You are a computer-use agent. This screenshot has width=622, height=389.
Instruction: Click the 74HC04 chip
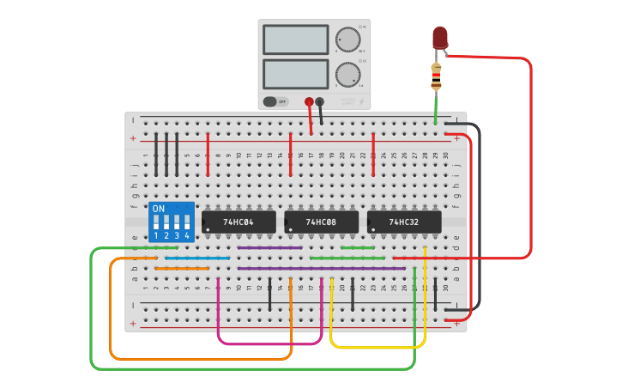[x=239, y=222]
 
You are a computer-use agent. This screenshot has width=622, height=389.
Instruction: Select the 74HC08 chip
[x=321, y=222]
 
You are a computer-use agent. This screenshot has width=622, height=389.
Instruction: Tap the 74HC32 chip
[x=404, y=222]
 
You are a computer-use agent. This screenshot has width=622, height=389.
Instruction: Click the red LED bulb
[x=440, y=36]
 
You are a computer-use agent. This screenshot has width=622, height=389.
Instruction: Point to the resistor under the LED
[x=436, y=76]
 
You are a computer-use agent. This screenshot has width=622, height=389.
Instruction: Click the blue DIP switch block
[x=171, y=222]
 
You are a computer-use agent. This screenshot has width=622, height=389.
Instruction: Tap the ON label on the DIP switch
[x=158, y=209]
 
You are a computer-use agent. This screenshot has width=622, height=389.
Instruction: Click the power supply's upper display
[x=295, y=40]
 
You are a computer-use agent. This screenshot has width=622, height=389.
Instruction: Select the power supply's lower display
[x=295, y=74]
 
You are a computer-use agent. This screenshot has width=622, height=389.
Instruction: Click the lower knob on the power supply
[x=347, y=75]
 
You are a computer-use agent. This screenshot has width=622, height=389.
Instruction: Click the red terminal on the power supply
[x=309, y=101]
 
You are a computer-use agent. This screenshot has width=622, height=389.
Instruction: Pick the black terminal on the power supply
[x=320, y=101]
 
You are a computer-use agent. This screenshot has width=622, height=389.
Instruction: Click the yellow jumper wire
[x=377, y=347]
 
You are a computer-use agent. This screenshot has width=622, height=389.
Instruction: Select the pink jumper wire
[x=270, y=343]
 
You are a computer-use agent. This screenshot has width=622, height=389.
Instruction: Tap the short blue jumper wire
[x=197, y=258]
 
